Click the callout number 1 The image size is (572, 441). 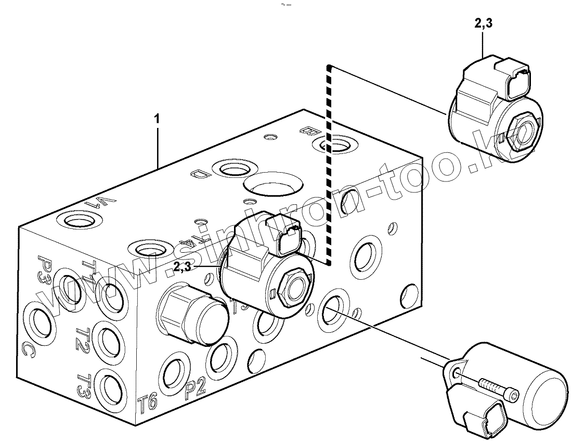click(157, 119)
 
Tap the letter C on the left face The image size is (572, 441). click(29, 351)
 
